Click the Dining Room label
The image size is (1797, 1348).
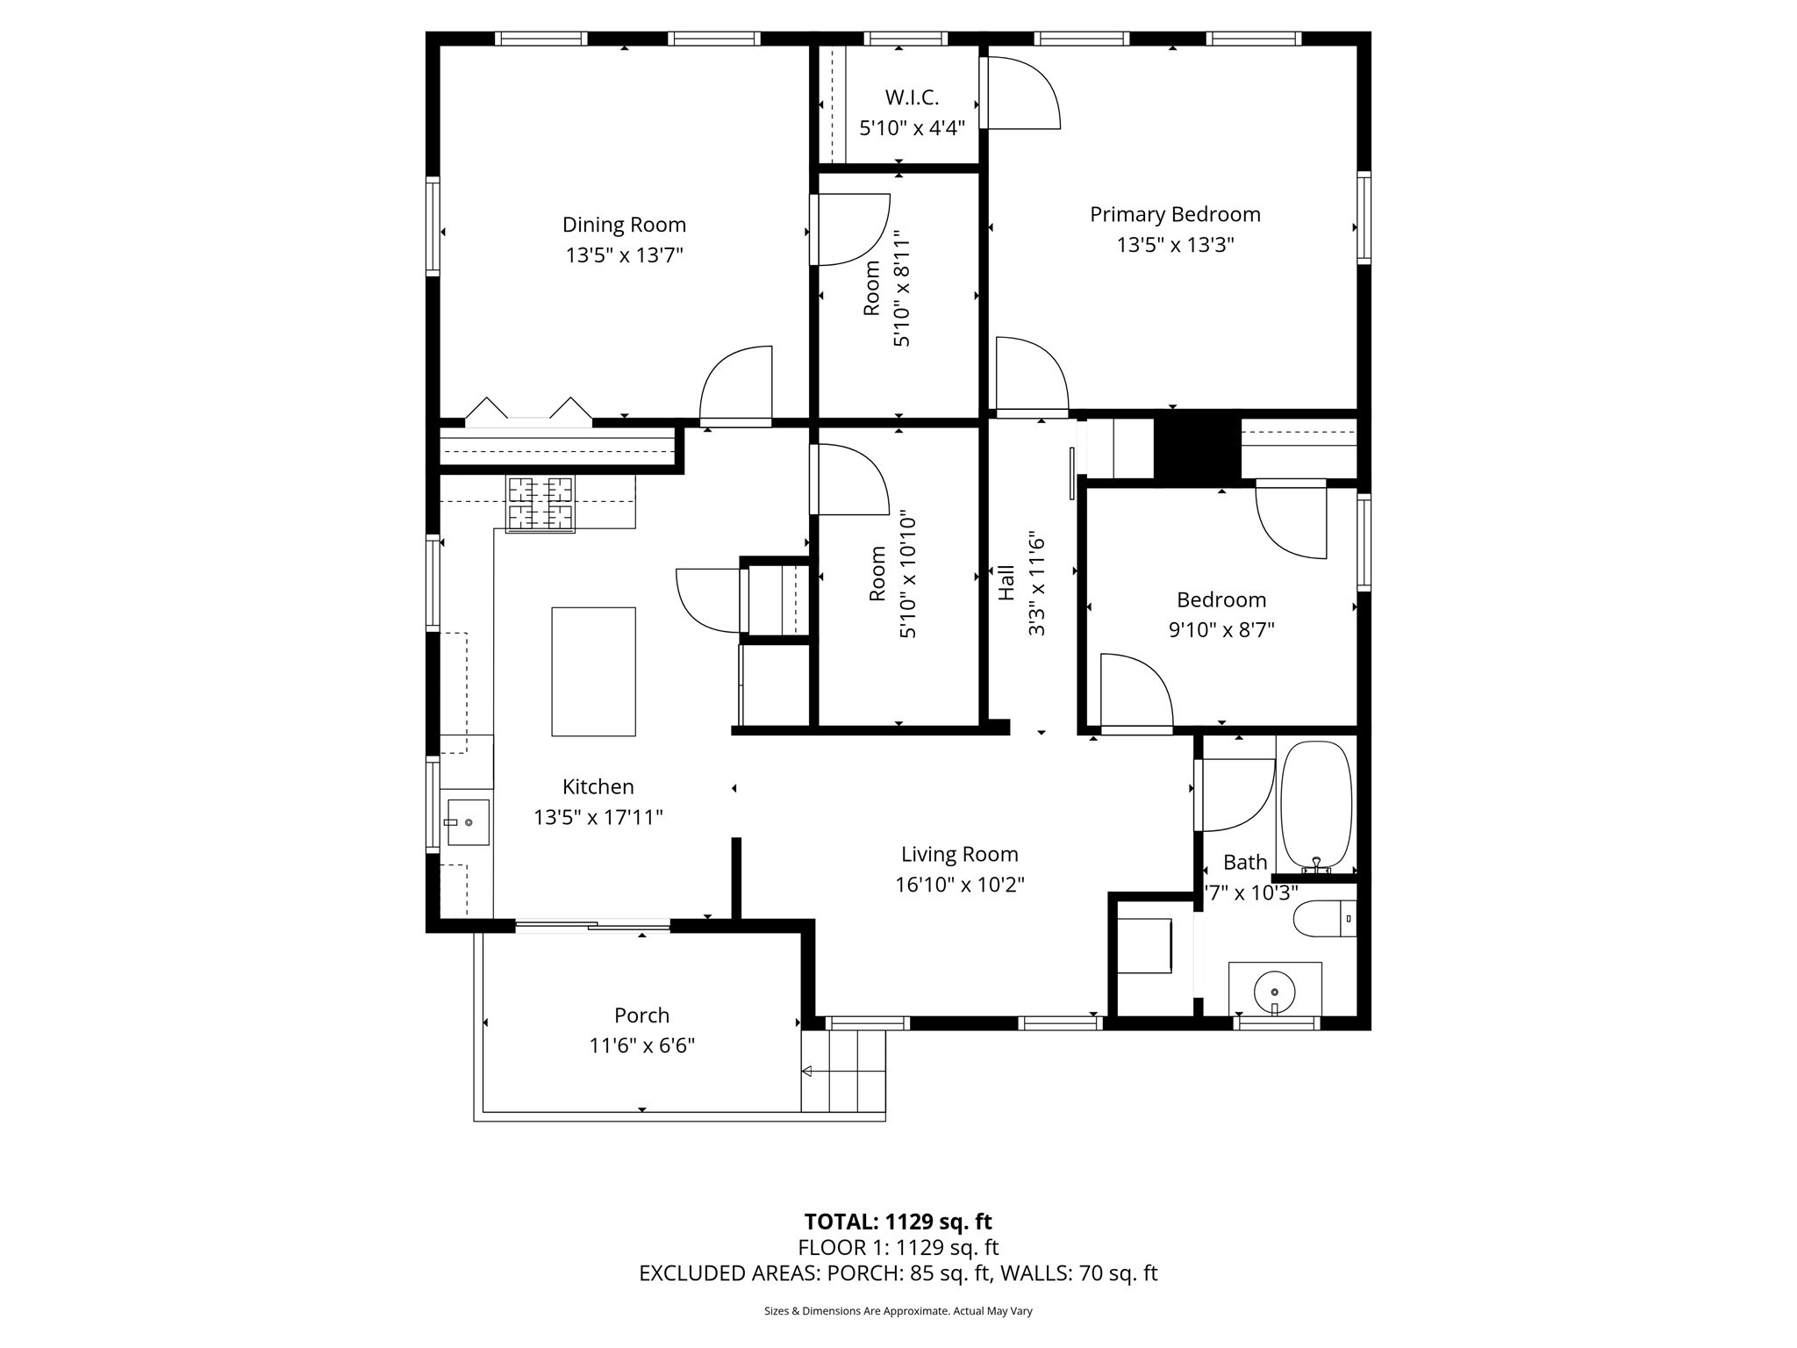click(x=624, y=225)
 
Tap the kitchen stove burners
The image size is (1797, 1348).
click(x=541, y=504)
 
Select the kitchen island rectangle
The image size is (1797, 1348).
click(x=593, y=671)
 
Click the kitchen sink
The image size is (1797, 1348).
click(x=469, y=822)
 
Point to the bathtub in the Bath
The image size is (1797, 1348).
click(x=1316, y=806)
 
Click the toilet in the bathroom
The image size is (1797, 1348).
click(x=1323, y=918)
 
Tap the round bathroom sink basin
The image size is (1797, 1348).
click(x=1275, y=993)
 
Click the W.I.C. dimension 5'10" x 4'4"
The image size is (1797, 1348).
click(x=912, y=128)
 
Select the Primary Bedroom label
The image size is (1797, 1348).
click(x=1175, y=214)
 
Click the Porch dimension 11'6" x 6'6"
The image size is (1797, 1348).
click(x=641, y=1046)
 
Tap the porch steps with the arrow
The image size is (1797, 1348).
click(x=843, y=1071)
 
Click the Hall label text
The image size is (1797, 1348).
click(x=1006, y=583)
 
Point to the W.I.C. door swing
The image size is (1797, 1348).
click(x=1022, y=93)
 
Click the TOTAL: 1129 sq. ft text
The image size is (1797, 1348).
click(x=898, y=1222)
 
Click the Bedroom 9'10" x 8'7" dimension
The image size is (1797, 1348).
click(x=1221, y=630)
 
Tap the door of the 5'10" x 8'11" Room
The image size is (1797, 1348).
click(x=849, y=230)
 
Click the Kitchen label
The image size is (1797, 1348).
click(x=598, y=786)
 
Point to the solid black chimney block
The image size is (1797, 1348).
click(x=1197, y=448)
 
